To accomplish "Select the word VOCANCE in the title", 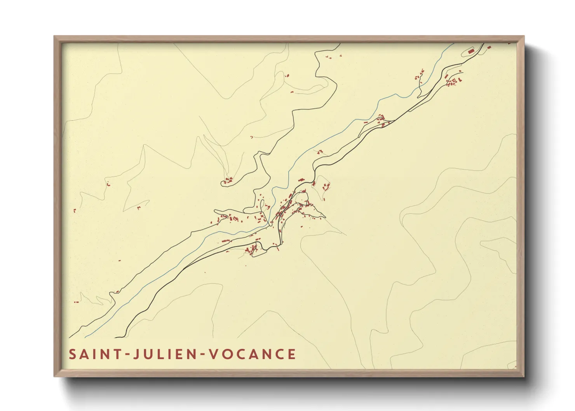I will click(253, 354).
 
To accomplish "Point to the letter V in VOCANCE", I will click(213, 354).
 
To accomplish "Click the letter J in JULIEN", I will click(136, 354).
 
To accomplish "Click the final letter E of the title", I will click(292, 354).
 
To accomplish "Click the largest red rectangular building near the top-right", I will click(471, 51).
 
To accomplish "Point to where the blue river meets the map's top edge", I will click(453, 44).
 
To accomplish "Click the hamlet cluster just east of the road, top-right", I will click(453, 81).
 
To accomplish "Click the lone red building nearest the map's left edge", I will click(75, 211).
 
